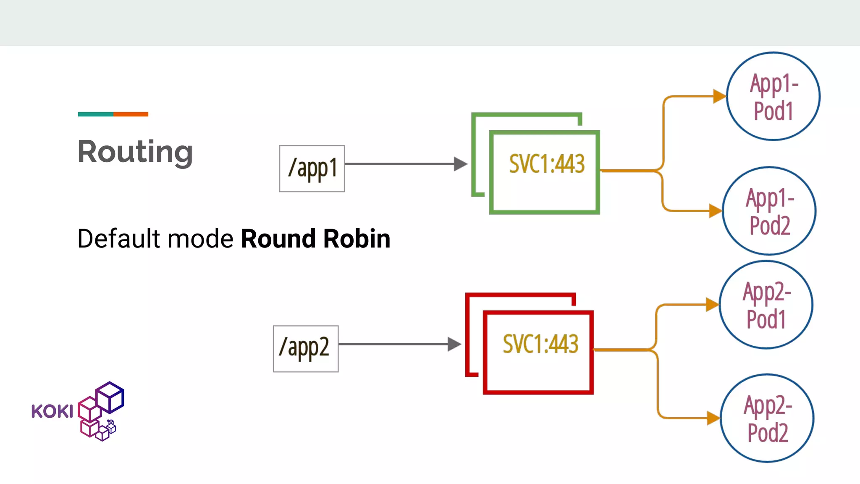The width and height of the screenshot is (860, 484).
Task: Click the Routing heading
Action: (135, 152)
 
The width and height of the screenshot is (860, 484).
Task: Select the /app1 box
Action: (312, 168)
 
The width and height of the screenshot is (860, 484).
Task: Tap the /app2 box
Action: (306, 349)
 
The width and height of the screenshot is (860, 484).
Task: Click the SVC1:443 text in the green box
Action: (547, 164)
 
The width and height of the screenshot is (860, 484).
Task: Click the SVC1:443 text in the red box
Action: (540, 344)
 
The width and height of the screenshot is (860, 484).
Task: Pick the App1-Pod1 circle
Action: (773, 97)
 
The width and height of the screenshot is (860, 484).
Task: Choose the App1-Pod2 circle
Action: (769, 211)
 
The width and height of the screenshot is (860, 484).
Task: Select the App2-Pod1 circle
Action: (766, 305)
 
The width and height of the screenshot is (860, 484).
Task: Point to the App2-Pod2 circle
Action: (767, 418)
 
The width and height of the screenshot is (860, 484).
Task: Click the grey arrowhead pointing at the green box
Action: (460, 164)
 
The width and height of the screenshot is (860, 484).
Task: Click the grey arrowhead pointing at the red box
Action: (454, 344)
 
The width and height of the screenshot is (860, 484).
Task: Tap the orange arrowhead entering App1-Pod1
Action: (719, 96)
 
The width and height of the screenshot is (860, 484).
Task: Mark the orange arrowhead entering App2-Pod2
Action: (713, 418)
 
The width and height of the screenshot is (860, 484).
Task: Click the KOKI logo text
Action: (52, 411)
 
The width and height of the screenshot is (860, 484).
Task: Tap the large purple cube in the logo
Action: (110, 397)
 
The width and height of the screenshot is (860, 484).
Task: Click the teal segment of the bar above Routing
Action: (95, 114)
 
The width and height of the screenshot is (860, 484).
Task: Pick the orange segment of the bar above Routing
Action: (131, 114)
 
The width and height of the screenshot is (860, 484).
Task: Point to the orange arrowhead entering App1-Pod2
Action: (715, 210)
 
